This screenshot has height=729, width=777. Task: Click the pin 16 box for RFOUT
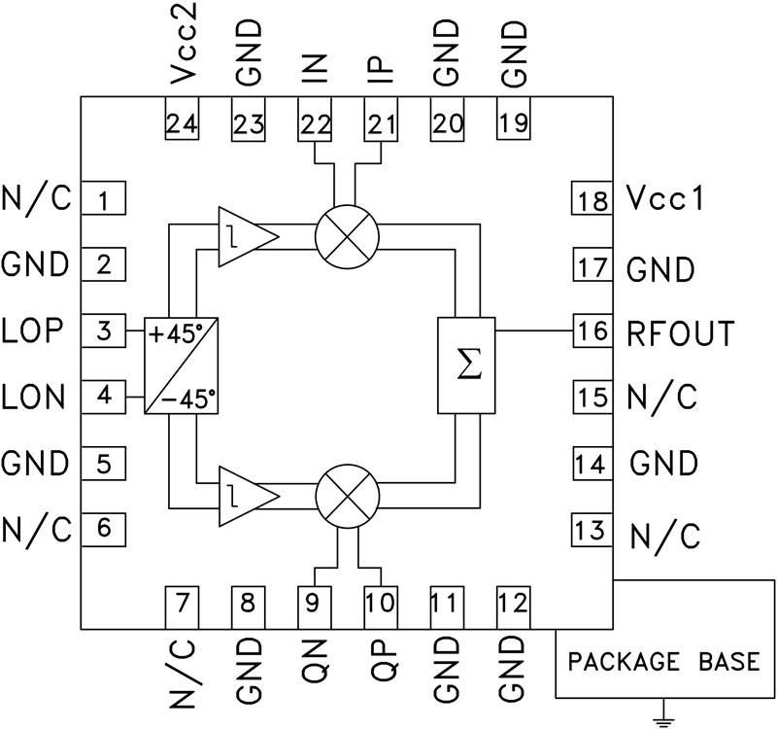pos(590,332)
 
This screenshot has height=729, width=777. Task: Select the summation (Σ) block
pos(467,364)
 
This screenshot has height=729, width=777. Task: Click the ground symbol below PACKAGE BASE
pos(664,720)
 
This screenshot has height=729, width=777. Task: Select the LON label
pos(35,397)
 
